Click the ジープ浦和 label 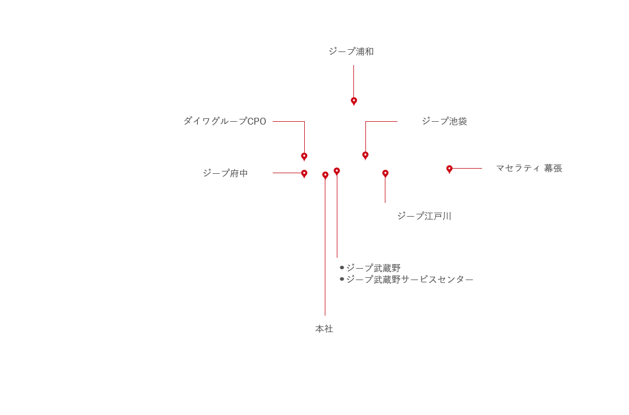351,51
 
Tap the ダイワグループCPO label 225,121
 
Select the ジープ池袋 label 444,121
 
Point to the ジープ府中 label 225,173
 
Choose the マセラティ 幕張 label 529,168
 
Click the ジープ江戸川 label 424,216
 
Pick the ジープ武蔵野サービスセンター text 409,280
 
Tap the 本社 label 324,329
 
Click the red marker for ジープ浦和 354,102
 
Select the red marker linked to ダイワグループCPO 304,157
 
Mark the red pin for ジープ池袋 365,156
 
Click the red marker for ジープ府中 304,174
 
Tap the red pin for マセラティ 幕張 449,170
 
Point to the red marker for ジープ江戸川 385,174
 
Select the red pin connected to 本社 325,176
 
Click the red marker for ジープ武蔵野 337,172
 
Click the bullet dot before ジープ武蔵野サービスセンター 342,279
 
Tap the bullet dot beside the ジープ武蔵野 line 342,268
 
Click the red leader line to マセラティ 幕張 468,169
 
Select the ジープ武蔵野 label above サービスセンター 373,268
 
